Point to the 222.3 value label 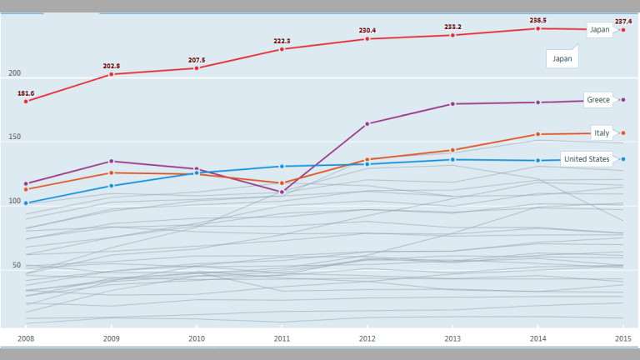[x=282, y=41]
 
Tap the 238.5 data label [x=537, y=20]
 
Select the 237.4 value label [x=624, y=21]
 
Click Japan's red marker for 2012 [x=367, y=39]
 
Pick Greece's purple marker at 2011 [x=282, y=192]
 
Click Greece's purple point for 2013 [x=452, y=104]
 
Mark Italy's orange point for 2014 [x=537, y=134]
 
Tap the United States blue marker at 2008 [x=26, y=203]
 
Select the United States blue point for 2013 [x=452, y=160]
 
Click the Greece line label [x=598, y=100]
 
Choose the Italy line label [x=601, y=133]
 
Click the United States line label [x=587, y=159]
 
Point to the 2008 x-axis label [x=26, y=338]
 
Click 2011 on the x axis [x=282, y=338]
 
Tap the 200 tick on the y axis [x=14, y=73]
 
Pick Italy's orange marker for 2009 [x=112, y=172]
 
